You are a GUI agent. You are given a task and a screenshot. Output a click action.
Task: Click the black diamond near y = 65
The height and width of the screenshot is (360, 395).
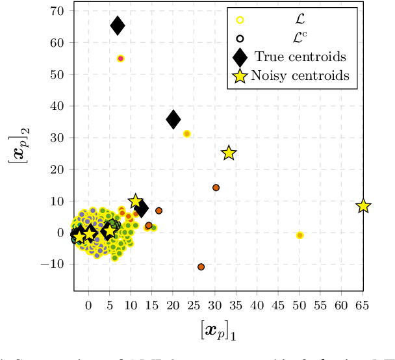[118, 26]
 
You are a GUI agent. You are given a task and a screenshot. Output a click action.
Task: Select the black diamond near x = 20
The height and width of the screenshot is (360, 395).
[173, 119]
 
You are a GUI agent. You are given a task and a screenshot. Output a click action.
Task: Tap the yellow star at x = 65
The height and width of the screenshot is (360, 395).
[363, 206]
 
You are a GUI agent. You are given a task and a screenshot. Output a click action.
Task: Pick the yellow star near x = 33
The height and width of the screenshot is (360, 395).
[229, 153]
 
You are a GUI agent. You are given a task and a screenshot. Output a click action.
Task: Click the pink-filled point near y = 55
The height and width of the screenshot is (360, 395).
[121, 58]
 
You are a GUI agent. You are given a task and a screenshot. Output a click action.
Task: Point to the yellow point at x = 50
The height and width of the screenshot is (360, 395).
[299, 235]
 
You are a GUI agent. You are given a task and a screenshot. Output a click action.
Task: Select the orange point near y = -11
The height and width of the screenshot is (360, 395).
[201, 267]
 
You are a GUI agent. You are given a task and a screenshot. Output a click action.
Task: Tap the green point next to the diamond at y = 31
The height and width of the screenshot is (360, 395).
[187, 134]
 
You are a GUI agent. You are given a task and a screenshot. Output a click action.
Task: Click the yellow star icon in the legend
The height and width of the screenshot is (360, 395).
[240, 76]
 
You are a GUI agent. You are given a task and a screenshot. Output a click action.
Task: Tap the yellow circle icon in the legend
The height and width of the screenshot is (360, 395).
[240, 19]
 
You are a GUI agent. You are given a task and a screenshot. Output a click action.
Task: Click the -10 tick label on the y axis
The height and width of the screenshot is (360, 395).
[53, 264]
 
